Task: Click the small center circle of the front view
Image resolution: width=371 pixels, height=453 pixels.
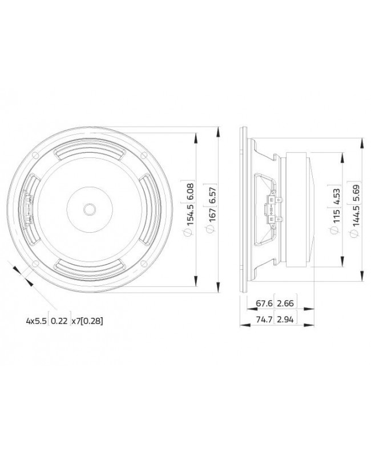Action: pos(89,209)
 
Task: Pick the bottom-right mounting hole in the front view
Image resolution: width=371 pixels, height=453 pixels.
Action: pos(144,264)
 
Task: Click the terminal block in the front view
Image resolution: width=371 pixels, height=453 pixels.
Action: pos(28,209)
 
